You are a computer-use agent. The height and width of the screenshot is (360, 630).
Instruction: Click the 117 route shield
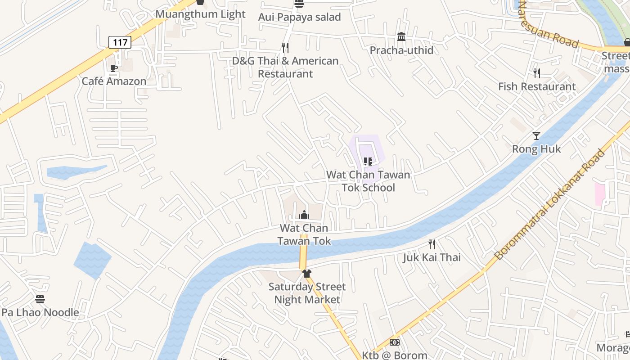pyautogui.click(x=120, y=42)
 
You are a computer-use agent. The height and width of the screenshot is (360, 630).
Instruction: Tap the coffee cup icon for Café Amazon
pyautogui.click(x=114, y=68)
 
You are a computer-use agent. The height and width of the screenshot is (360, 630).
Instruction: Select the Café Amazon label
pyautogui.click(x=114, y=81)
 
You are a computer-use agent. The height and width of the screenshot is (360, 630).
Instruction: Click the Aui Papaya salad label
pyautogui.click(x=299, y=17)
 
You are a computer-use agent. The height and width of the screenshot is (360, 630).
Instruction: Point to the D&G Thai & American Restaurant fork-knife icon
pyautogui.click(x=285, y=47)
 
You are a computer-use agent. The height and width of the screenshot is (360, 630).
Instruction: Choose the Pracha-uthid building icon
pyautogui.click(x=401, y=36)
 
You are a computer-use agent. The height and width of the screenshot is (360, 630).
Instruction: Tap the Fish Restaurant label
pyautogui.click(x=537, y=86)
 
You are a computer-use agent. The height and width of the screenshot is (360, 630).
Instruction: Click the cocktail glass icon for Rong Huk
pyautogui.click(x=536, y=135)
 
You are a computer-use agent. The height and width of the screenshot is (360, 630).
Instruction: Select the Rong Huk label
pyautogui.click(x=536, y=149)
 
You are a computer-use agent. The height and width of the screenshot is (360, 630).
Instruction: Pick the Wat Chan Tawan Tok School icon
pyautogui.click(x=368, y=161)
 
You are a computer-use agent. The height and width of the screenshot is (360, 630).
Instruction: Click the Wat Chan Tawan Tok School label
pyautogui.click(x=368, y=181)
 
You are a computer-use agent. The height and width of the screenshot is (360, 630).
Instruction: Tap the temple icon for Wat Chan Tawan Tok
pyautogui.click(x=304, y=215)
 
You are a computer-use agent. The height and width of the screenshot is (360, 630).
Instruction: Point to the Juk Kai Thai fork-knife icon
pyautogui.click(x=432, y=244)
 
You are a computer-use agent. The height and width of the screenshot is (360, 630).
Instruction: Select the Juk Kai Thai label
pyautogui.click(x=432, y=257)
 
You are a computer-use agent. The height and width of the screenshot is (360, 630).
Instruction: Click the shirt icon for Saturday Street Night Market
pyautogui.click(x=307, y=273)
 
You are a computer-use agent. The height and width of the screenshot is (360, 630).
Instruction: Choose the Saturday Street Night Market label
pyautogui.click(x=307, y=293)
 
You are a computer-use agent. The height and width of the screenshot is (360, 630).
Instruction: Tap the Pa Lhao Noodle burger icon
pyautogui.click(x=40, y=299)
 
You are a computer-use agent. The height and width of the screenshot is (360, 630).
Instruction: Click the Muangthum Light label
pyautogui.click(x=201, y=14)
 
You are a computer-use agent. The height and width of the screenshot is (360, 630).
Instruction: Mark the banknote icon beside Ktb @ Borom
pyautogui.click(x=395, y=342)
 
